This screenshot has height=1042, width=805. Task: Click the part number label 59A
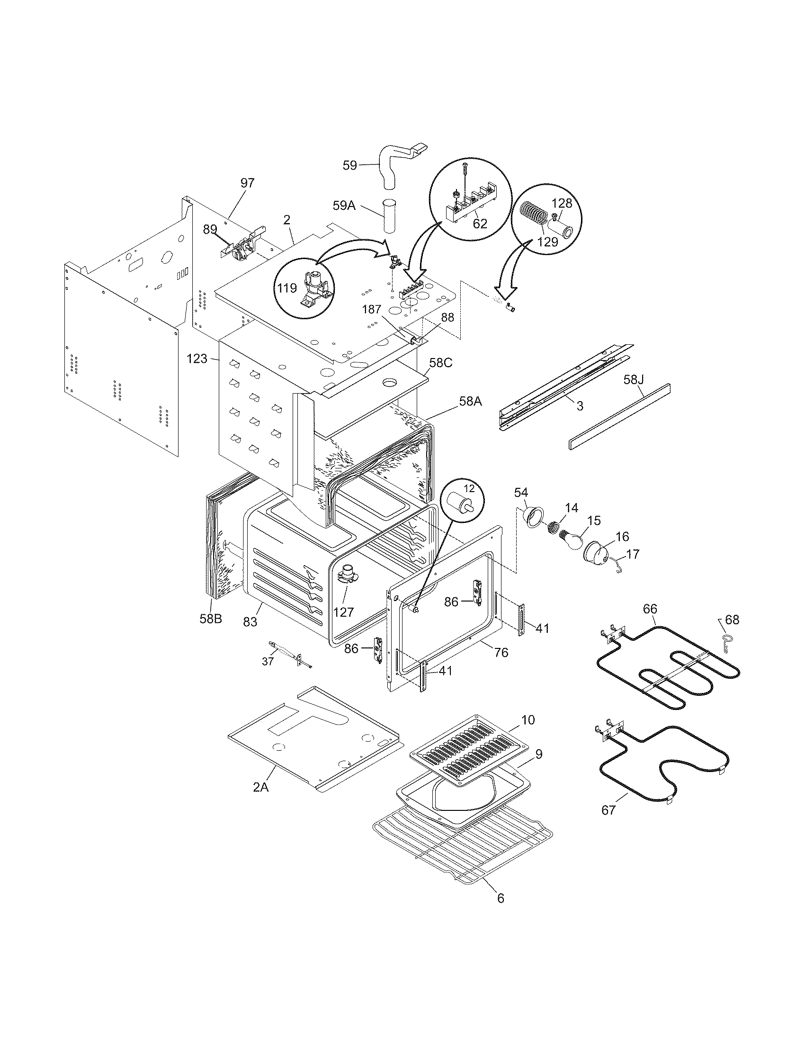point(344,206)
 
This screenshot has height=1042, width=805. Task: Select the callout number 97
point(248,182)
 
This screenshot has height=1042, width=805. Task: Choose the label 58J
point(634,380)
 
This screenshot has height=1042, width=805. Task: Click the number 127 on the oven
point(344,611)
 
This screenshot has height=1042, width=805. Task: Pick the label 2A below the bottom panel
point(261,787)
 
